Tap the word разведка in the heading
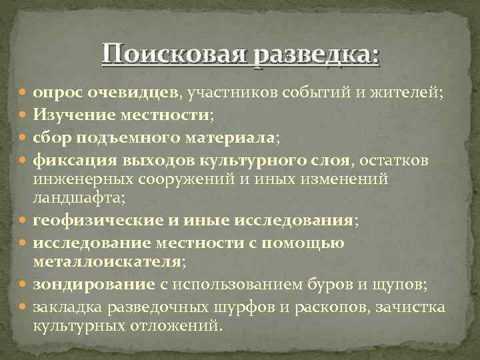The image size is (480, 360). [316, 53]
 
